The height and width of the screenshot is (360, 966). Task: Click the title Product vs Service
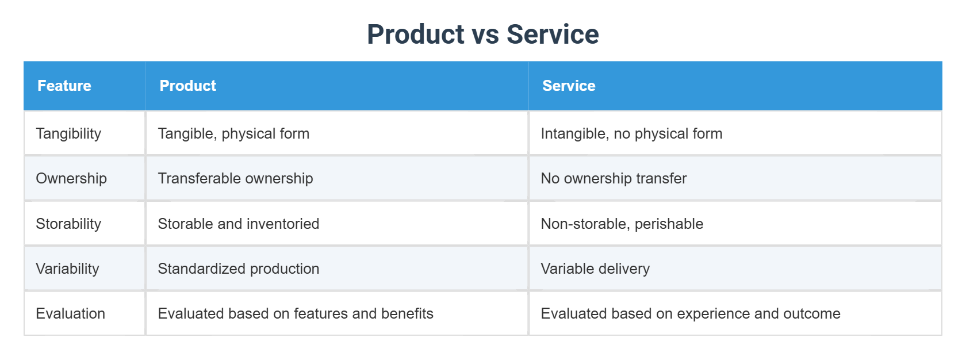[482, 35]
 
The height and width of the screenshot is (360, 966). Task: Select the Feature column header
[64, 86]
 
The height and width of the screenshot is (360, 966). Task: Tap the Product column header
[187, 86]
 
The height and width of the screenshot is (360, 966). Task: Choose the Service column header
[568, 86]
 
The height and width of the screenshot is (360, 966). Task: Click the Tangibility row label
[68, 133]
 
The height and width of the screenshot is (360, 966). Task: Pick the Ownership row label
[71, 178]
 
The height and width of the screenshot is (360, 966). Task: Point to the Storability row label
[68, 224]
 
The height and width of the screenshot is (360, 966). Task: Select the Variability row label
[67, 269]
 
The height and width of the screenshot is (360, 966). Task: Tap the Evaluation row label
[70, 313]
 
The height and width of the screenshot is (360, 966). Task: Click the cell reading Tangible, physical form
[233, 133]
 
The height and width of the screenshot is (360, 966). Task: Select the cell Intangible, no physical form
[631, 133]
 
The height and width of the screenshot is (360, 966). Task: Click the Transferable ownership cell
[235, 178]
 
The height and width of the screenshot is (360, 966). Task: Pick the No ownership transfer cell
[613, 178]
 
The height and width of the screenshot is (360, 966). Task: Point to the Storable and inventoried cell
[238, 224]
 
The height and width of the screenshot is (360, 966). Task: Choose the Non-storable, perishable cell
[622, 224]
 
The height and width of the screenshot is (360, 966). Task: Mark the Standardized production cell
[238, 269]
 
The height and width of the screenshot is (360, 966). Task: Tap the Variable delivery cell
[595, 269]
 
